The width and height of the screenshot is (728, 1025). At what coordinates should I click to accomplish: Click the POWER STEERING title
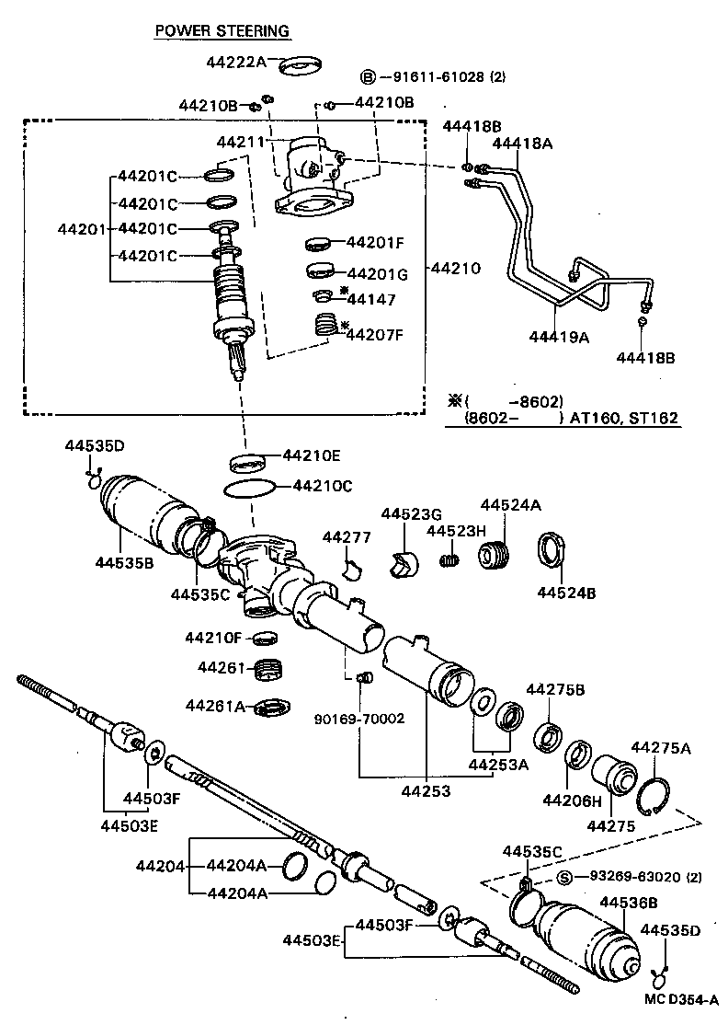click(222, 31)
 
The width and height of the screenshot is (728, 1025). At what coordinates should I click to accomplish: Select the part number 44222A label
click(235, 62)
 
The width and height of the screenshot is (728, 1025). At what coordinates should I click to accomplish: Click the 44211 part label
click(241, 143)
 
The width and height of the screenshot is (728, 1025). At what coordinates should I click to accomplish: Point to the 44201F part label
click(375, 243)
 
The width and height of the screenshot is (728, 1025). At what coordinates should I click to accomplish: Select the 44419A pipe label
click(559, 337)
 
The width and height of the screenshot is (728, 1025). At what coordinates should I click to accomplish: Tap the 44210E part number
click(312, 455)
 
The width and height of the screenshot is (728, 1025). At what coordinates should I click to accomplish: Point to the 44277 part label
click(345, 536)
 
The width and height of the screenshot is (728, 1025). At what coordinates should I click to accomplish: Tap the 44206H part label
click(572, 800)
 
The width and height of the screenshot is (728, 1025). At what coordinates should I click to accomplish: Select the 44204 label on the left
click(162, 866)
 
